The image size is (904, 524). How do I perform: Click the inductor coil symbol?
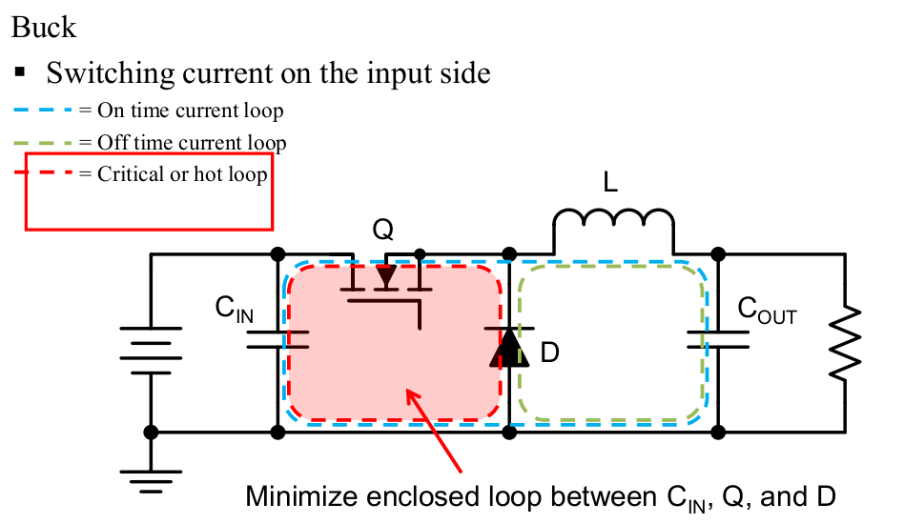(613, 224)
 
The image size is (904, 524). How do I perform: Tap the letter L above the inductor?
(611, 182)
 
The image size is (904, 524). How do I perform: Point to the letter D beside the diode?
(549, 353)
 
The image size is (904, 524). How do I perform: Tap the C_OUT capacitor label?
(767, 312)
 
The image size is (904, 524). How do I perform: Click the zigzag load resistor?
(845, 343)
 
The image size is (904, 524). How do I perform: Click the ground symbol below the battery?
(150, 481)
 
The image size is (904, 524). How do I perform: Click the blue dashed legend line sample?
(44, 111)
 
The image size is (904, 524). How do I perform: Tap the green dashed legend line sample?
(44, 143)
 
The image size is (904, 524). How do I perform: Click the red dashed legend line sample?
(44, 174)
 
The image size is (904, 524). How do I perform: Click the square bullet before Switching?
(19, 72)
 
